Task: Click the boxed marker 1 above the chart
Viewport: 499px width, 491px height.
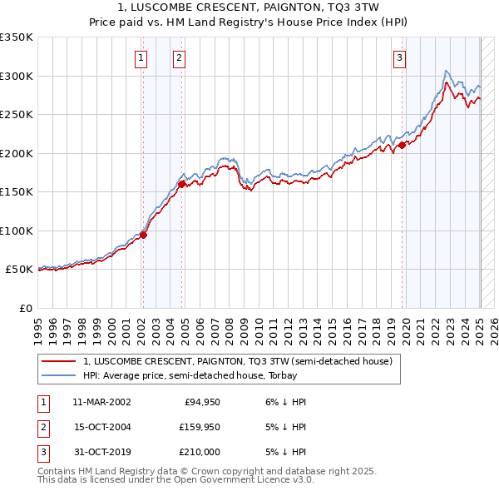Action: [x=141, y=58]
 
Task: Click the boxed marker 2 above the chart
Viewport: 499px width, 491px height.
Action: [x=180, y=58]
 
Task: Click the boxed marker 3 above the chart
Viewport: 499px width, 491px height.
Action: [x=400, y=58]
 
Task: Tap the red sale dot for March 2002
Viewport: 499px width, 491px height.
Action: [x=143, y=235]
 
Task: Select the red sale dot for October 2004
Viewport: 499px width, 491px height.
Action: [x=181, y=184]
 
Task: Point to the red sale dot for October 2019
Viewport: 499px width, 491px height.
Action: [x=402, y=145]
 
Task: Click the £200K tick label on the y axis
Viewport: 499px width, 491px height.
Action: [x=17, y=153]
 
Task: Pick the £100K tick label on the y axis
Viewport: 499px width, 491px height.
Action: [x=17, y=231]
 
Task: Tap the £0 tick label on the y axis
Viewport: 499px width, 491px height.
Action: [x=26, y=308]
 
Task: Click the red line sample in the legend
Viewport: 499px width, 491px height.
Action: [x=58, y=361]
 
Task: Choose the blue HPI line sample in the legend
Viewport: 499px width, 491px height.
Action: [x=58, y=375]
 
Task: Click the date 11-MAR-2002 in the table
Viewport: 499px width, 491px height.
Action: [x=101, y=402]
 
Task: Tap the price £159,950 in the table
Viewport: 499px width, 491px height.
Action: [x=200, y=427]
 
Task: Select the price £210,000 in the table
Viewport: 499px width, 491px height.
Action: [x=200, y=452]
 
